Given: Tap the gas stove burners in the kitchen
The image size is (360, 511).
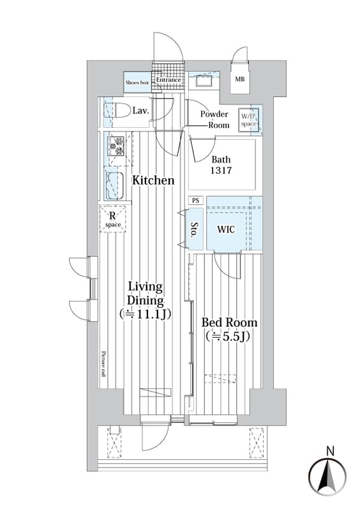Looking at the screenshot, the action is point(117,146).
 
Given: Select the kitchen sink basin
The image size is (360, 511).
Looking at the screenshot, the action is point(115,185).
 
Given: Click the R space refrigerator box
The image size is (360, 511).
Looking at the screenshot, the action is point(113,219).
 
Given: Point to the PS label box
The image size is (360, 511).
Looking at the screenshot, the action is point(195,201).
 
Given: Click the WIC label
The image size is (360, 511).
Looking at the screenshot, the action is point(226,229).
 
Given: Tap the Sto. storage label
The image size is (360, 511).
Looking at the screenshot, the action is point(195,230).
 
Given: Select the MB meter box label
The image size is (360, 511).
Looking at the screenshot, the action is point(240,79).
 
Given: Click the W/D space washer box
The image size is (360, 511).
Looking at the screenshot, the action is point(248,120).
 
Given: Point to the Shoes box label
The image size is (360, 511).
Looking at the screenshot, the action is point(137,82).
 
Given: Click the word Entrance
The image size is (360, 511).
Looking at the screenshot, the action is point(169,80).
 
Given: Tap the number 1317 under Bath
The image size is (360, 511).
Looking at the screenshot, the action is point(221,170).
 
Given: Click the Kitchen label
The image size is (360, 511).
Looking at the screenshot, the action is point(153,180).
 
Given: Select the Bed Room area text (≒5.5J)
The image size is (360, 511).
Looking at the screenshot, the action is point(228,336).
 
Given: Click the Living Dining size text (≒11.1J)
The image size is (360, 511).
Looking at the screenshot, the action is point(146,314).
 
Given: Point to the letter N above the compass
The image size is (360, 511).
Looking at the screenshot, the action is point(331,452).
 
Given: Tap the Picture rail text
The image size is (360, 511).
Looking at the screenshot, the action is point(103,363).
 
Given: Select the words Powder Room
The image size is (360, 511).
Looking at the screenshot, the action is point(214,119).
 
